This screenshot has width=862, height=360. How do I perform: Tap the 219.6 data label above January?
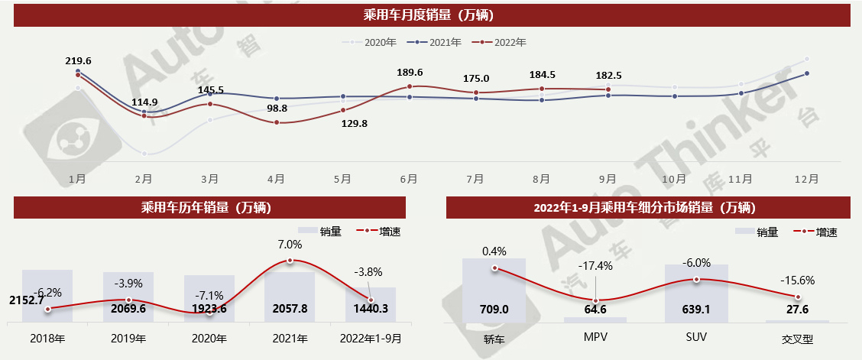(x=79, y=61)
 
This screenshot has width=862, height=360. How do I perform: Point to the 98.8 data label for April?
(x=277, y=109)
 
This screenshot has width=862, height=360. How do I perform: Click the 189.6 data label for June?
(x=410, y=73)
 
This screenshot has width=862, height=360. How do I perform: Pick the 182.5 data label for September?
(x=608, y=75)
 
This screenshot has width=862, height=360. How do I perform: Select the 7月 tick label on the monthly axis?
(x=475, y=178)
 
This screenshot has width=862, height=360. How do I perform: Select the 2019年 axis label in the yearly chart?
(x=128, y=338)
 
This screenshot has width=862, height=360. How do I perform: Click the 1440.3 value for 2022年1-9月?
(x=371, y=310)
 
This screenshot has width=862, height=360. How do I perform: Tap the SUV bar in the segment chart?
(x=696, y=294)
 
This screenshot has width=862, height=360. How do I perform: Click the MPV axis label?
(x=595, y=337)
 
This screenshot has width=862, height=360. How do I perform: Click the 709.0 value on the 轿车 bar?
(x=494, y=310)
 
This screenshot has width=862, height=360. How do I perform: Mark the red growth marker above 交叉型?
(x=798, y=297)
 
